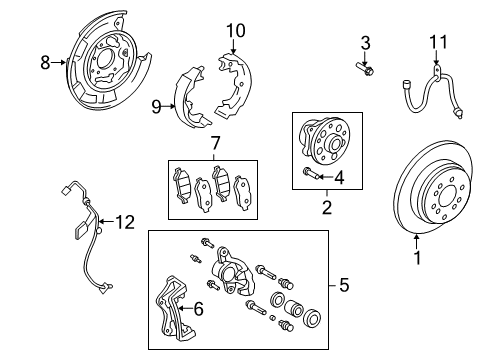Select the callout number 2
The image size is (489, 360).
pyautogui.click(x=326, y=208)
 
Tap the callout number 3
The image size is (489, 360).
pyautogui.click(x=366, y=42)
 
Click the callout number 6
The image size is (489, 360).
pyautogui.click(x=198, y=311)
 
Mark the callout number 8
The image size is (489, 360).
pyautogui.click(x=44, y=62)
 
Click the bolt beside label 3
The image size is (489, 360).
pyautogui.click(x=364, y=68)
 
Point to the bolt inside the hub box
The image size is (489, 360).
pyautogui.click(x=311, y=178)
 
